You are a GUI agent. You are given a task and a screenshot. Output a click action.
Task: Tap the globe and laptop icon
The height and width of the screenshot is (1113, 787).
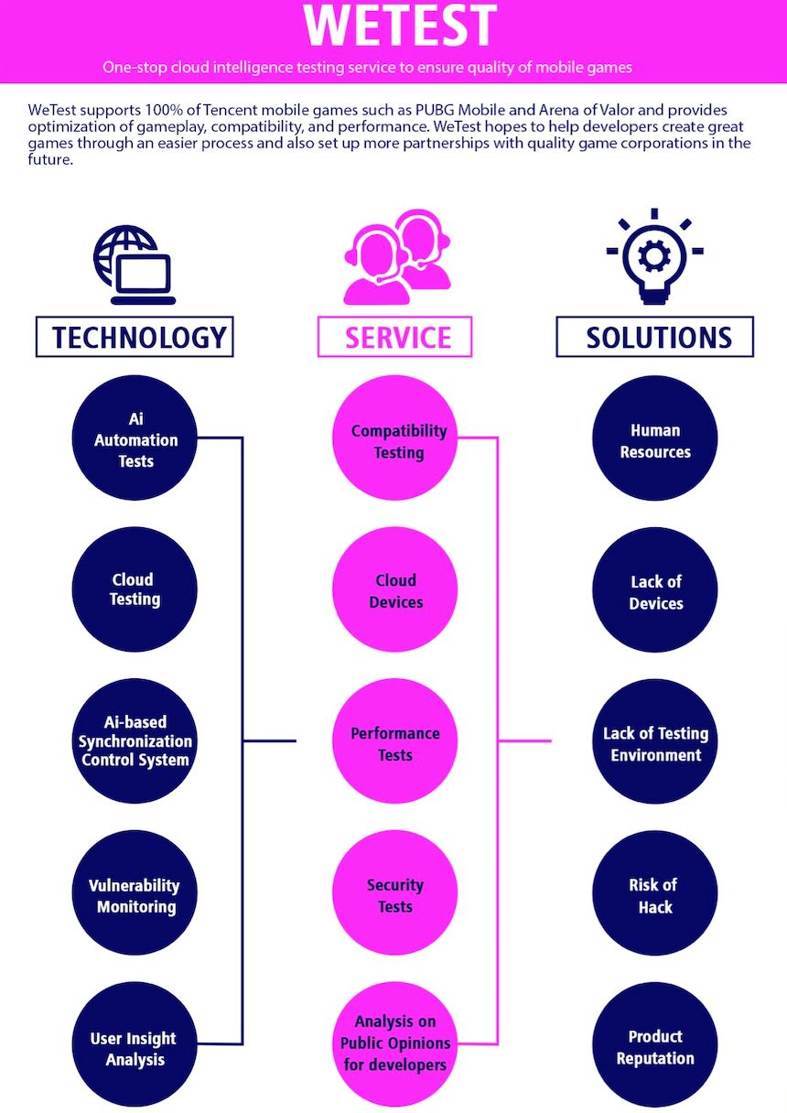(x=134, y=265)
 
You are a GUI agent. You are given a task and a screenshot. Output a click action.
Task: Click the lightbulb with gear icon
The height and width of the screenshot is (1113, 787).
(x=654, y=260)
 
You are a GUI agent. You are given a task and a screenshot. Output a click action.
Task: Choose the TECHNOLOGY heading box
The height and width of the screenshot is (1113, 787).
(x=135, y=337)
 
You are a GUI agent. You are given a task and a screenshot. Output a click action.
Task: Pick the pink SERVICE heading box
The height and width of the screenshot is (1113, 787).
(x=395, y=337)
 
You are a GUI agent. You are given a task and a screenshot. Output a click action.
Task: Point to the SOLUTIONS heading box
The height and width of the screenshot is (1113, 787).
(x=655, y=337)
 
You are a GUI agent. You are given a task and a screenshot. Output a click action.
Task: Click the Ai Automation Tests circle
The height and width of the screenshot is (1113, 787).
(x=135, y=439)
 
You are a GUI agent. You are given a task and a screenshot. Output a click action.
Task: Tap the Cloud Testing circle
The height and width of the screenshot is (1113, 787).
(x=135, y=589)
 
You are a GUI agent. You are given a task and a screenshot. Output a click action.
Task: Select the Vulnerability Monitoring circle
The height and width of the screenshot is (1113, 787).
(x=135, y=895)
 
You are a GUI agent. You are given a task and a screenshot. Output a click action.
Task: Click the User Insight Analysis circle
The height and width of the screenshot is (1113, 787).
(x=135, y=1048)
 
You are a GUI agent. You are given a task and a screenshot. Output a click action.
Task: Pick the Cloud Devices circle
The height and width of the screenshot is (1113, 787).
(x=395, y=590)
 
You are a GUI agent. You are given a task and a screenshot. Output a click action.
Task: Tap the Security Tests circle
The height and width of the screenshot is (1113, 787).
(x=395, y=895)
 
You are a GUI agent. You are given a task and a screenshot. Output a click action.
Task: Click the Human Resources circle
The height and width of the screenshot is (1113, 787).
(x=655, y=440)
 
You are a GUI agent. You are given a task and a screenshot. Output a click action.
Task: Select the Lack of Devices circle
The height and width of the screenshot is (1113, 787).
(x=655, y=591)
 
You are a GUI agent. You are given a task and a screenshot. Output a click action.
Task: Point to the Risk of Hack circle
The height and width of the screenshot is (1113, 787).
(x=655, y=895)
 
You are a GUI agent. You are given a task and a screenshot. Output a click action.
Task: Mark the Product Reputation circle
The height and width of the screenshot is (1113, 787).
(x=655, y=1047)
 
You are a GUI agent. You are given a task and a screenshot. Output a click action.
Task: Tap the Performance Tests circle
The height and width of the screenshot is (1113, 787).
(x=395, y=743)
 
